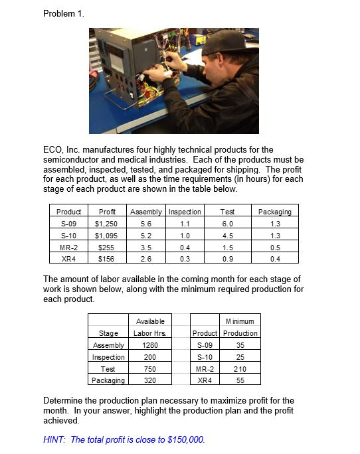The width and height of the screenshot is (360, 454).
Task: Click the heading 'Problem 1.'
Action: tap(64, 13)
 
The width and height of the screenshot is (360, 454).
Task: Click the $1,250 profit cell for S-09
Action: tap(106, 224)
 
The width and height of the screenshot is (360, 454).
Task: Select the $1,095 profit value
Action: tap(106, 235)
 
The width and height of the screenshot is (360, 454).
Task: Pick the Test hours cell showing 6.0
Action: tap(227, 224)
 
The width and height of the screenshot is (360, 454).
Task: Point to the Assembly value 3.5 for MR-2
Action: tap(145, 246)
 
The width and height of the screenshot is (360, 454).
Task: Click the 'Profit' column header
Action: tap(106, 212)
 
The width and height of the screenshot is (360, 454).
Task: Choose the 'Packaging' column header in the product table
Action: tap(274, 212)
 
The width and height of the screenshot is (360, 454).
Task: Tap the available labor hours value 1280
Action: tap(151, 345)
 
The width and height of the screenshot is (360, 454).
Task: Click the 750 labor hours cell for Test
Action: tap(151, 368)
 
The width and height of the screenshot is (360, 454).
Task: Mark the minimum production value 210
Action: tap(240, 368)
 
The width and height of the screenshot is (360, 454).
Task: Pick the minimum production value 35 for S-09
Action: tap(240, 345)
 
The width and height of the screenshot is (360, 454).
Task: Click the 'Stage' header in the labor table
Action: tap(108, 333)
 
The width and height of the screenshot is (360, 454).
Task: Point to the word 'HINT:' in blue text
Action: tap(55, 439)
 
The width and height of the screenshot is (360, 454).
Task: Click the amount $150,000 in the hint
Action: tap(185, 439)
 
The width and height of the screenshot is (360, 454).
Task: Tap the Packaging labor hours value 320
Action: tap(151, 380)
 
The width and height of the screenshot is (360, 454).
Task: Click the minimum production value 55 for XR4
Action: tap(240, 380)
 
